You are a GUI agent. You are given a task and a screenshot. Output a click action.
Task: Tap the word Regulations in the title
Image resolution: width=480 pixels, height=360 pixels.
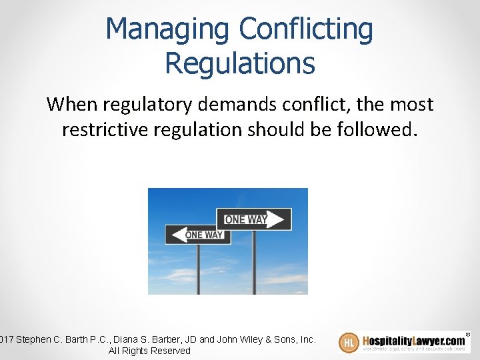click(x=239, y=63)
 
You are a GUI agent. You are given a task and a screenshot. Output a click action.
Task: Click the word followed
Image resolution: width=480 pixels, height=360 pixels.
click(x=378, y=129)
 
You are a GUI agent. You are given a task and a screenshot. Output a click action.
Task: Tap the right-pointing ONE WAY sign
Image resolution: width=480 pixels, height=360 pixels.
click(x=253, y=219)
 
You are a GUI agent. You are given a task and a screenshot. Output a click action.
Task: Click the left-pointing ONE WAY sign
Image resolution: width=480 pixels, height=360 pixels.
click(x=198, y=235)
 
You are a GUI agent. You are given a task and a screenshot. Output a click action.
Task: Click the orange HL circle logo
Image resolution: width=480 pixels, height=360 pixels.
click(x=349, y=343)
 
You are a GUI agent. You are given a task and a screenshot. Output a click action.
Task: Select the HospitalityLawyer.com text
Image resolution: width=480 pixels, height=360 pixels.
click(x=413, y=339)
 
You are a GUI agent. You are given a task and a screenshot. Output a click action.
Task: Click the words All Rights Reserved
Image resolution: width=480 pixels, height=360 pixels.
click(x=149, y=351)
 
